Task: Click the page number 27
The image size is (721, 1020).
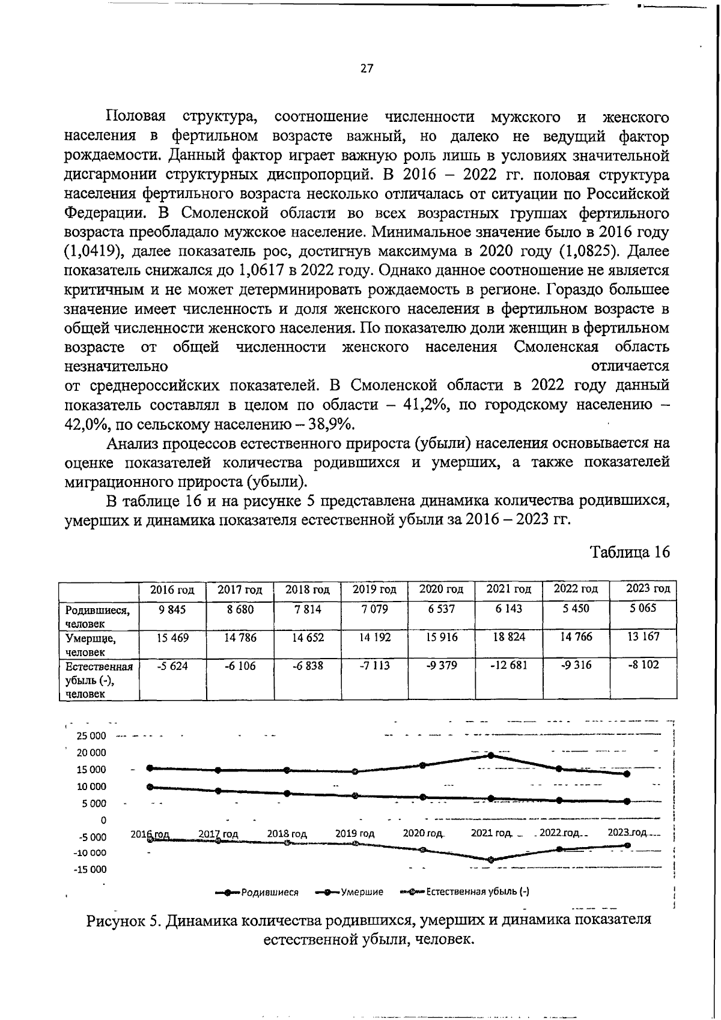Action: point(367,68)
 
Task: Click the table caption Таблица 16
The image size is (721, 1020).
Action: point(629,552)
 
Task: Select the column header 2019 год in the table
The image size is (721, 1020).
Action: point(374,590)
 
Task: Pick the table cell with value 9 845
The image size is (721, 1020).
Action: point(172,609)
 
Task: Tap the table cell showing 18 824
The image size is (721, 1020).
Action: point(509,637)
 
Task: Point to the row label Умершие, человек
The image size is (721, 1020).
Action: point(91,645)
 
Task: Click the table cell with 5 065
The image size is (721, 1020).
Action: point(643,608)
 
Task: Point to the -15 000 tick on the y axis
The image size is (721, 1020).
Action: point(90,869)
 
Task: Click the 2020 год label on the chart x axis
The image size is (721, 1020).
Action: point(422,834)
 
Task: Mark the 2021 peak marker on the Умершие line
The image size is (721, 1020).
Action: point(491,755)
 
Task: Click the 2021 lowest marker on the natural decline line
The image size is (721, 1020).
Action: point(491,860)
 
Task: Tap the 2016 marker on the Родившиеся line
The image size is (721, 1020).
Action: point(150,786)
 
